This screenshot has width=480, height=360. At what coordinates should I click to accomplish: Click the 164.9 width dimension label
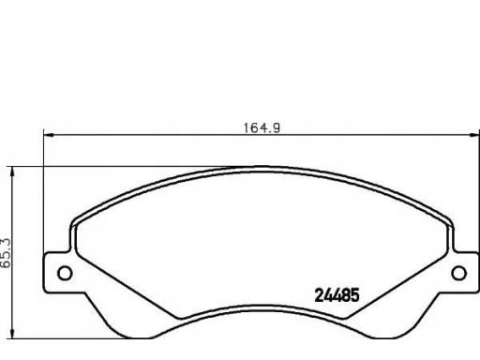(x=262, y=128)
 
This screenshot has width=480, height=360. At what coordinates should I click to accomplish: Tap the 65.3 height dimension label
(x=6, y=253)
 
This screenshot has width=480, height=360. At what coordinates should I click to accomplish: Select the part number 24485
(x=337, y=295)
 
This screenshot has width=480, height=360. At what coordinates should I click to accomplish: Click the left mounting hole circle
(x=65, y=274)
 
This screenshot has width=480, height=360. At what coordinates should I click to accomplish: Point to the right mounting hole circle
(x=459, y=273)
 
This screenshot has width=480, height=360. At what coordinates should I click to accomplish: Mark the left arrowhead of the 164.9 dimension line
(x=49, y=135)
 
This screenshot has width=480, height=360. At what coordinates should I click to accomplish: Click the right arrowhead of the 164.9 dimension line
(x=473, y=135)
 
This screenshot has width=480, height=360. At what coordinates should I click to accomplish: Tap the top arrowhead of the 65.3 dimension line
(x=12, y=172)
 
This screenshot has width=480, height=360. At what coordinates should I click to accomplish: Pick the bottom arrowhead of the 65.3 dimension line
(x=12, y=333)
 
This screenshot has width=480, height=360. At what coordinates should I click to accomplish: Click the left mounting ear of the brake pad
(x=59, y=273)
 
